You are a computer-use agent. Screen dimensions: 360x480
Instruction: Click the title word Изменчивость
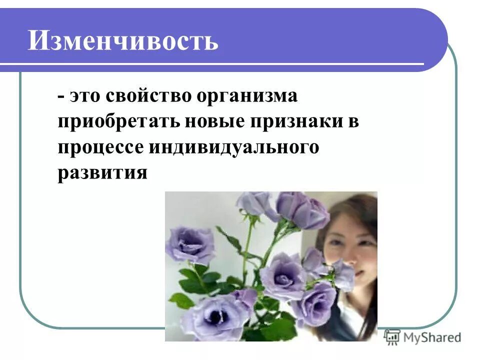click(123, 40)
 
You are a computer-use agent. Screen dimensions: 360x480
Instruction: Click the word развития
click(102, 173)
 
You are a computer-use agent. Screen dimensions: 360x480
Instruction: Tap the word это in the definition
click(82, 96)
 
